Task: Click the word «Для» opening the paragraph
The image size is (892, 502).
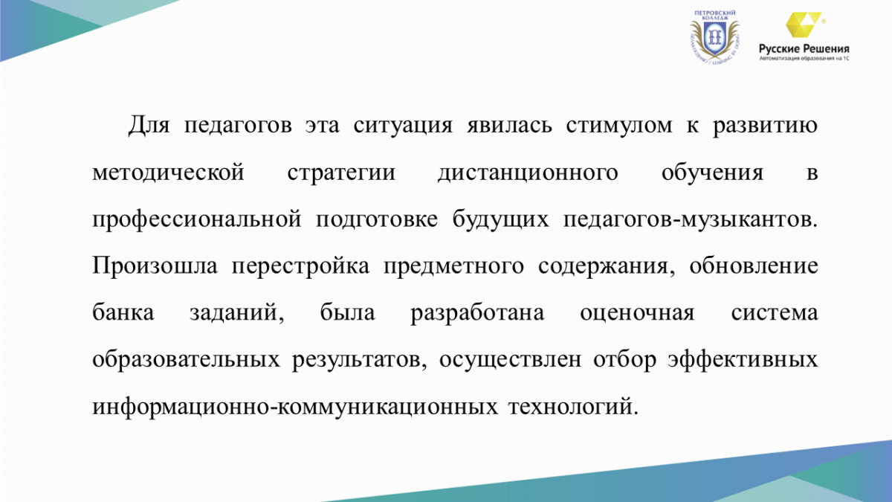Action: [149, 126]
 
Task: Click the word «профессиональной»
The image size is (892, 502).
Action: [197, 220]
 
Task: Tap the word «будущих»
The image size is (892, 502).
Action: [500, 220]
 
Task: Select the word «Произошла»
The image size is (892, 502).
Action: [155, 266]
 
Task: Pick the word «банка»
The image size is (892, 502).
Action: [123, 312]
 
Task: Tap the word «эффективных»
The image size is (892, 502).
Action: [743, 360]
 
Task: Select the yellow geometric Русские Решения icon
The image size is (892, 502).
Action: [804, 25]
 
